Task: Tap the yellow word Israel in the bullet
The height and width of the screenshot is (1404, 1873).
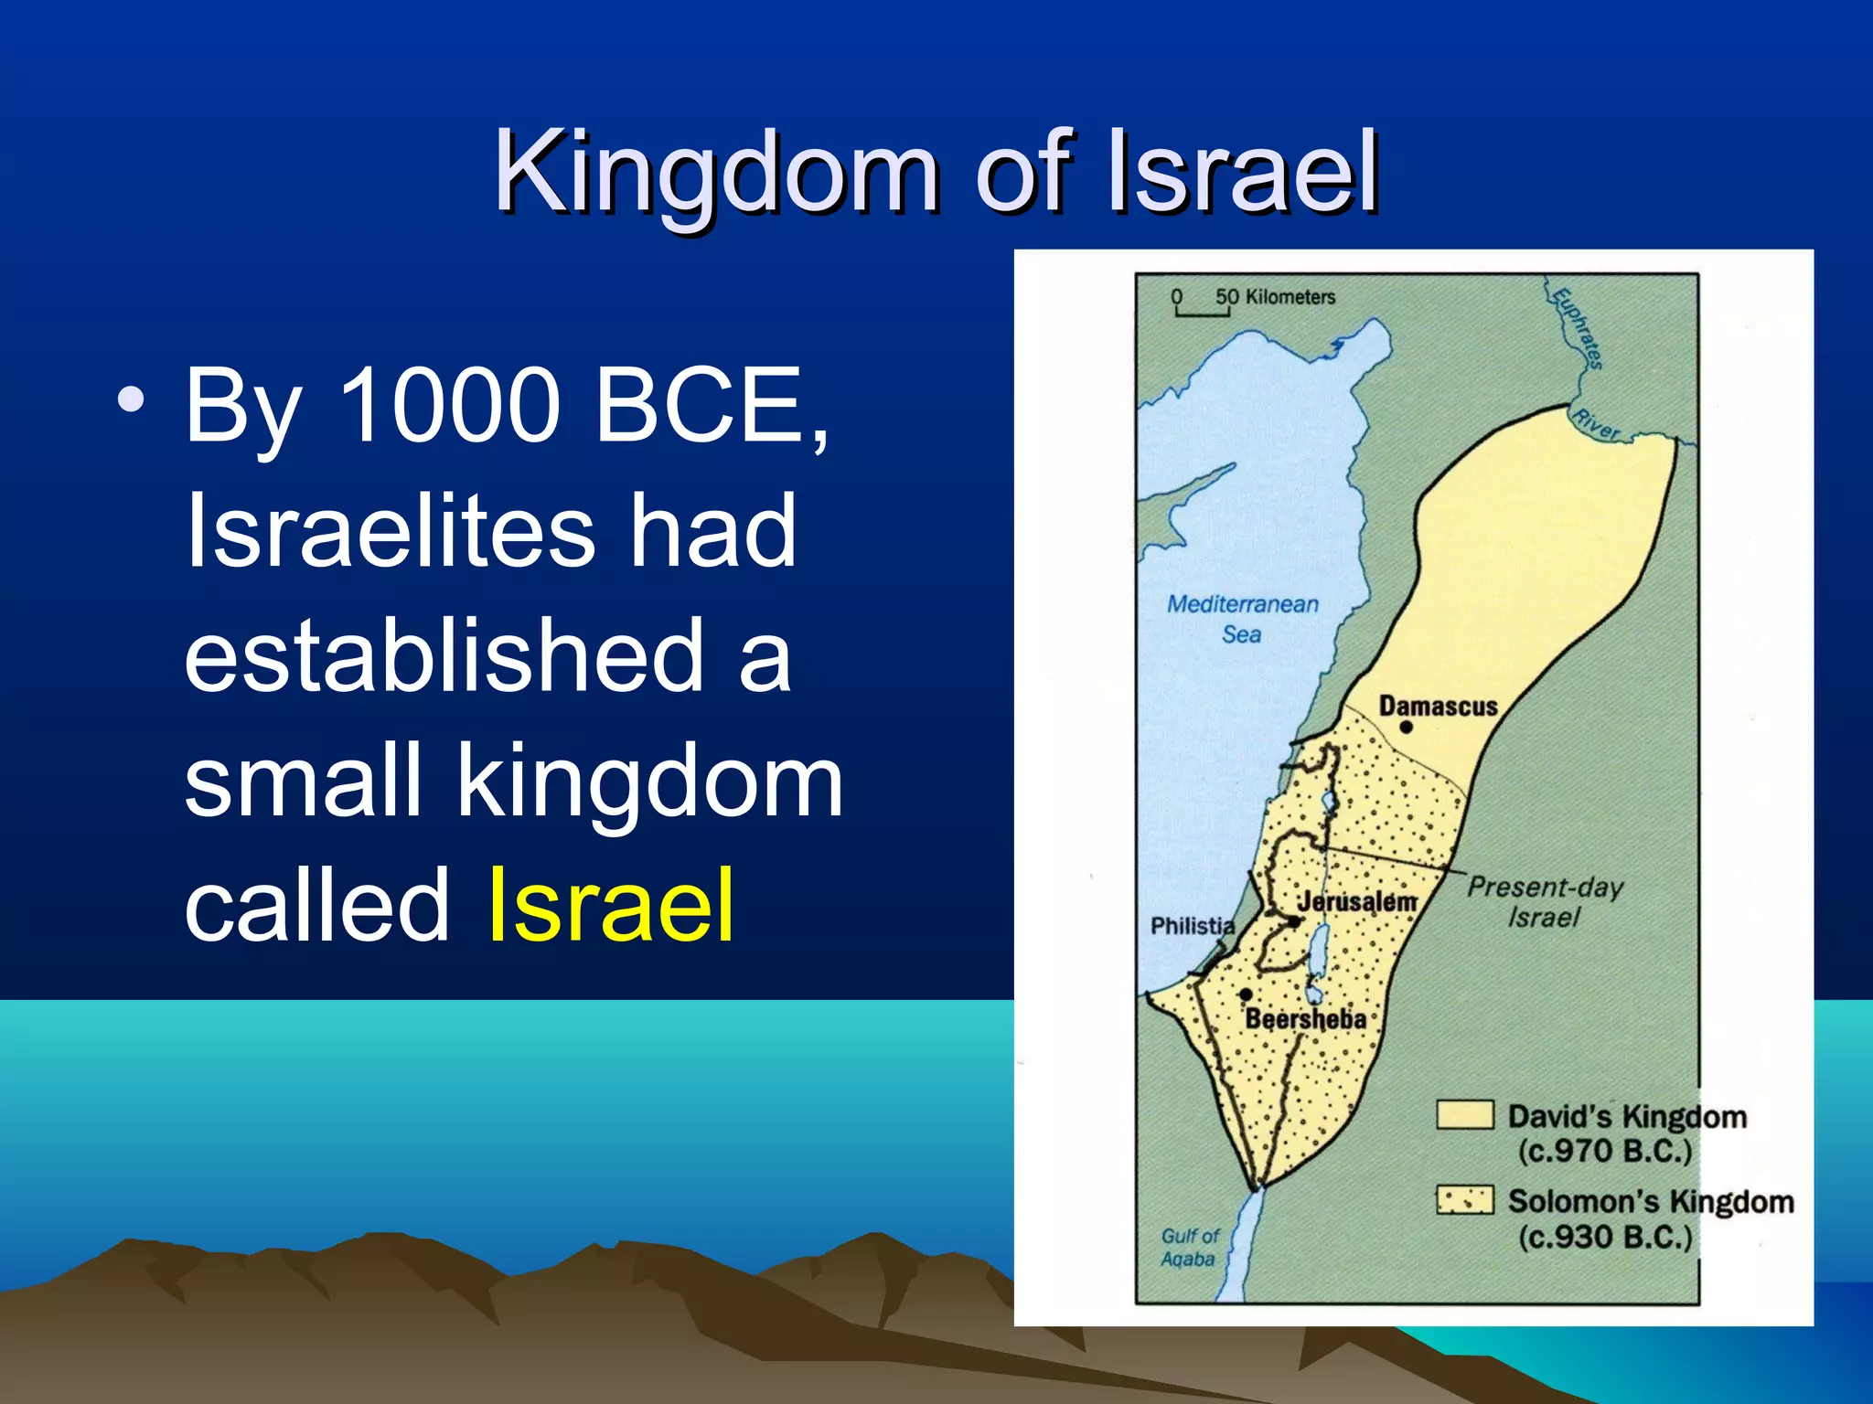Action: pyautogui.click(x=611, y=905)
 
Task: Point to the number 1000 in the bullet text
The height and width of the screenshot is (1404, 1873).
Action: pyautogui.click(x=449, y=404)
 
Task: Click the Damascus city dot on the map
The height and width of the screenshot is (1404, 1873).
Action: pyautogui.click(x=1407, y=728)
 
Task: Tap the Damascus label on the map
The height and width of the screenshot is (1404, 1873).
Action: pyautogui.click(x=1438, y=706)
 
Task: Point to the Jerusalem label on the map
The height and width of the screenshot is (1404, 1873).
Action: pyautogui.click(x=1356, y=901)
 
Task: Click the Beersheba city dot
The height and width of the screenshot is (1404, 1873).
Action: pyautogui.click(x=1246, y=994)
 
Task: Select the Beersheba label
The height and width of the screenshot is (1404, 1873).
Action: pyautogui.click(x=1305, y=1019)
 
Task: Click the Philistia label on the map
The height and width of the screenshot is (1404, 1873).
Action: pyautogui.click(x=1192, y=926)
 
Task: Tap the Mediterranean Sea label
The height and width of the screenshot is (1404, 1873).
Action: pyautogui.click(x=1242, y=619)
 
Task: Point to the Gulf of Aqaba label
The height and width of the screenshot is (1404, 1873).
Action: pyautogui.click(x=1189, y=1247)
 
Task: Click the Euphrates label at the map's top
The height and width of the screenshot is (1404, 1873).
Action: pyautogui.click(x=1579, y=327)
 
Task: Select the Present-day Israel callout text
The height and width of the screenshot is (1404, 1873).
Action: pyautogui.click(x=1545, y=901)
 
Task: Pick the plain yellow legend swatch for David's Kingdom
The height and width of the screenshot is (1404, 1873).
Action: pyautogui.click(x=1464, y=1115)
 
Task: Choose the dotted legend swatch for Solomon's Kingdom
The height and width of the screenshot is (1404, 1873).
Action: pyautogui.click(x=1464, y=1200)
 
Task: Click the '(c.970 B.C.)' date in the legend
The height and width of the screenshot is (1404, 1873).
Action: pyautogui.click(x=1605, y=1151)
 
